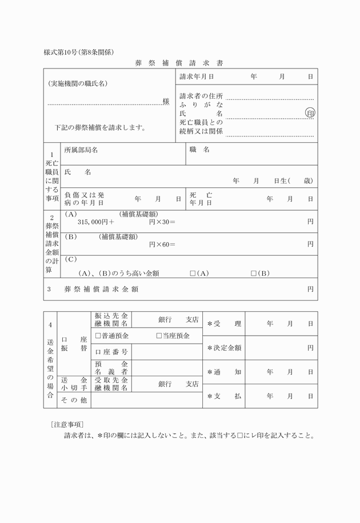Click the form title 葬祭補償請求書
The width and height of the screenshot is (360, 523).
[x=179, y=63]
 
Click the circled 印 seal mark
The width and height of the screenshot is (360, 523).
[x=310, y=114]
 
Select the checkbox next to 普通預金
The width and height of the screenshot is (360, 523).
[x=98, y=336]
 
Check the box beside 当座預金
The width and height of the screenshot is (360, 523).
[x=159, y=336]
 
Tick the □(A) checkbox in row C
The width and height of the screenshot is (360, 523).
[x=193, y=273]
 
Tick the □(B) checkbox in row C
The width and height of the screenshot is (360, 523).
[x=253, y=273]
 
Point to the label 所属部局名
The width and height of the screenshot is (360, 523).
[x=81, y=150]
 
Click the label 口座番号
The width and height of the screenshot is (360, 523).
[x=111, y=352]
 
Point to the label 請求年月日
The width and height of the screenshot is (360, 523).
[x=197, y=76]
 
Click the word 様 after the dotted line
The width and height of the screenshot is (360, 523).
[x=166, y=101]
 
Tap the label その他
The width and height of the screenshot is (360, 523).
[x=74, y=400]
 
